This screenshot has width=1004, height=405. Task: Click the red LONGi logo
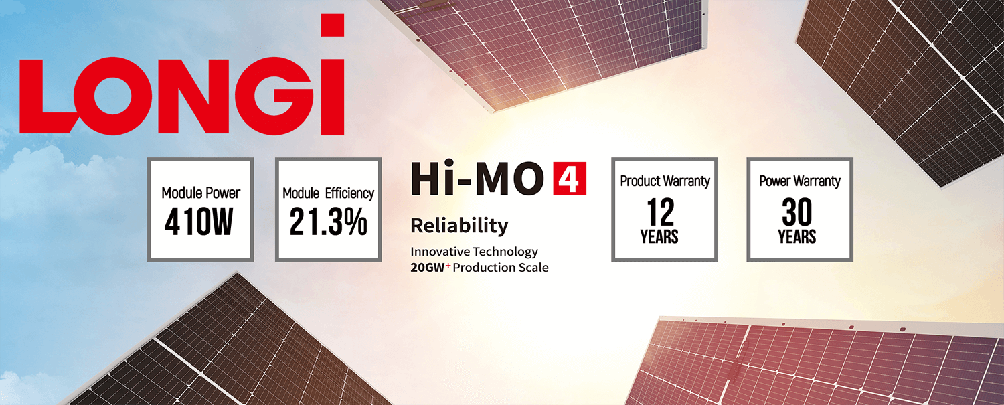click(x=181, y=74)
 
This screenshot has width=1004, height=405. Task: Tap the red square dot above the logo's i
click(x=333, y=25)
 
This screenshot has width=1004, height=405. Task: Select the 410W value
click(x=199, y=222)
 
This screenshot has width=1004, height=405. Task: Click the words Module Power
click(x=201, y=193)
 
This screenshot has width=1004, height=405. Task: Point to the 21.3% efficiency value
click(x=328, y=222)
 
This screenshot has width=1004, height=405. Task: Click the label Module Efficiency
click(x=328, y=193)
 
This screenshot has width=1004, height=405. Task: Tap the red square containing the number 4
click(x=570, y=178)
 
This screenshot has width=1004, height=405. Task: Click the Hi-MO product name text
click(x=477, y=179)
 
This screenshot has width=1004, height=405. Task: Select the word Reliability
click(x=459, y=226)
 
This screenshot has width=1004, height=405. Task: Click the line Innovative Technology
click(x=474, y=252)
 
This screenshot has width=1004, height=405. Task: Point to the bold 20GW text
click(x=428, y=268)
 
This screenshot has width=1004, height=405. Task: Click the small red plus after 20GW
click(x=448, y=266)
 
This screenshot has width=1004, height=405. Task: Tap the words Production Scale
click(x=501, y=268)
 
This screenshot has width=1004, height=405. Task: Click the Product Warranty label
click(x=665, y=181)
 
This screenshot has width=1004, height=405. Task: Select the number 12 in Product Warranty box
click(x=661, y=212)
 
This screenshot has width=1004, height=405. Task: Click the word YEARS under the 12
click(x=659, y=236)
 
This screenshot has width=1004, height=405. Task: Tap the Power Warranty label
click(x=800, y=181)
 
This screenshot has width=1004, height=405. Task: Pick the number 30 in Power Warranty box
click(x=797, y=212)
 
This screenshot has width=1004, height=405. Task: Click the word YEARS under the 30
click(x=797, y=236)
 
